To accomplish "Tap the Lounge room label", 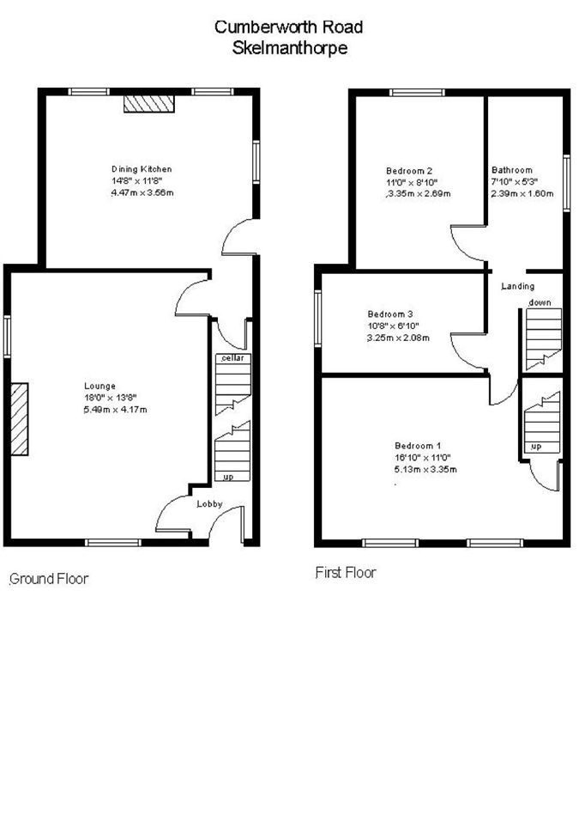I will [x=100, y=386].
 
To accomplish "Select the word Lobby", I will [x=209, y=505].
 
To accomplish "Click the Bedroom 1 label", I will [x=418, y=445].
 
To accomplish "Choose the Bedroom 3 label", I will [x=390, y=314].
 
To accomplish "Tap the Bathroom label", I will [x=512, y=170].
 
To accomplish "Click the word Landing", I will [x=518, y=286].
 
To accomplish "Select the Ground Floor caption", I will [x=49, y=579].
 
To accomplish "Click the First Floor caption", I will [x=346, y=572].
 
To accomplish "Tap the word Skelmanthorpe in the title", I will [x=290, y=48].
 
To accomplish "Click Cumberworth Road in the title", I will [x=290, y=27].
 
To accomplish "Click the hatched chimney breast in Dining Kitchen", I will [x=149, y=103].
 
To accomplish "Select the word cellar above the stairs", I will [x=232, y=356].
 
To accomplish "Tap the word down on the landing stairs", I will [x=540, y=302].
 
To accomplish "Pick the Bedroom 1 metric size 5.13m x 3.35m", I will [x=425, y=469].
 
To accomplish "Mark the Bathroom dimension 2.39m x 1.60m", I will [x=522, y=194].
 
